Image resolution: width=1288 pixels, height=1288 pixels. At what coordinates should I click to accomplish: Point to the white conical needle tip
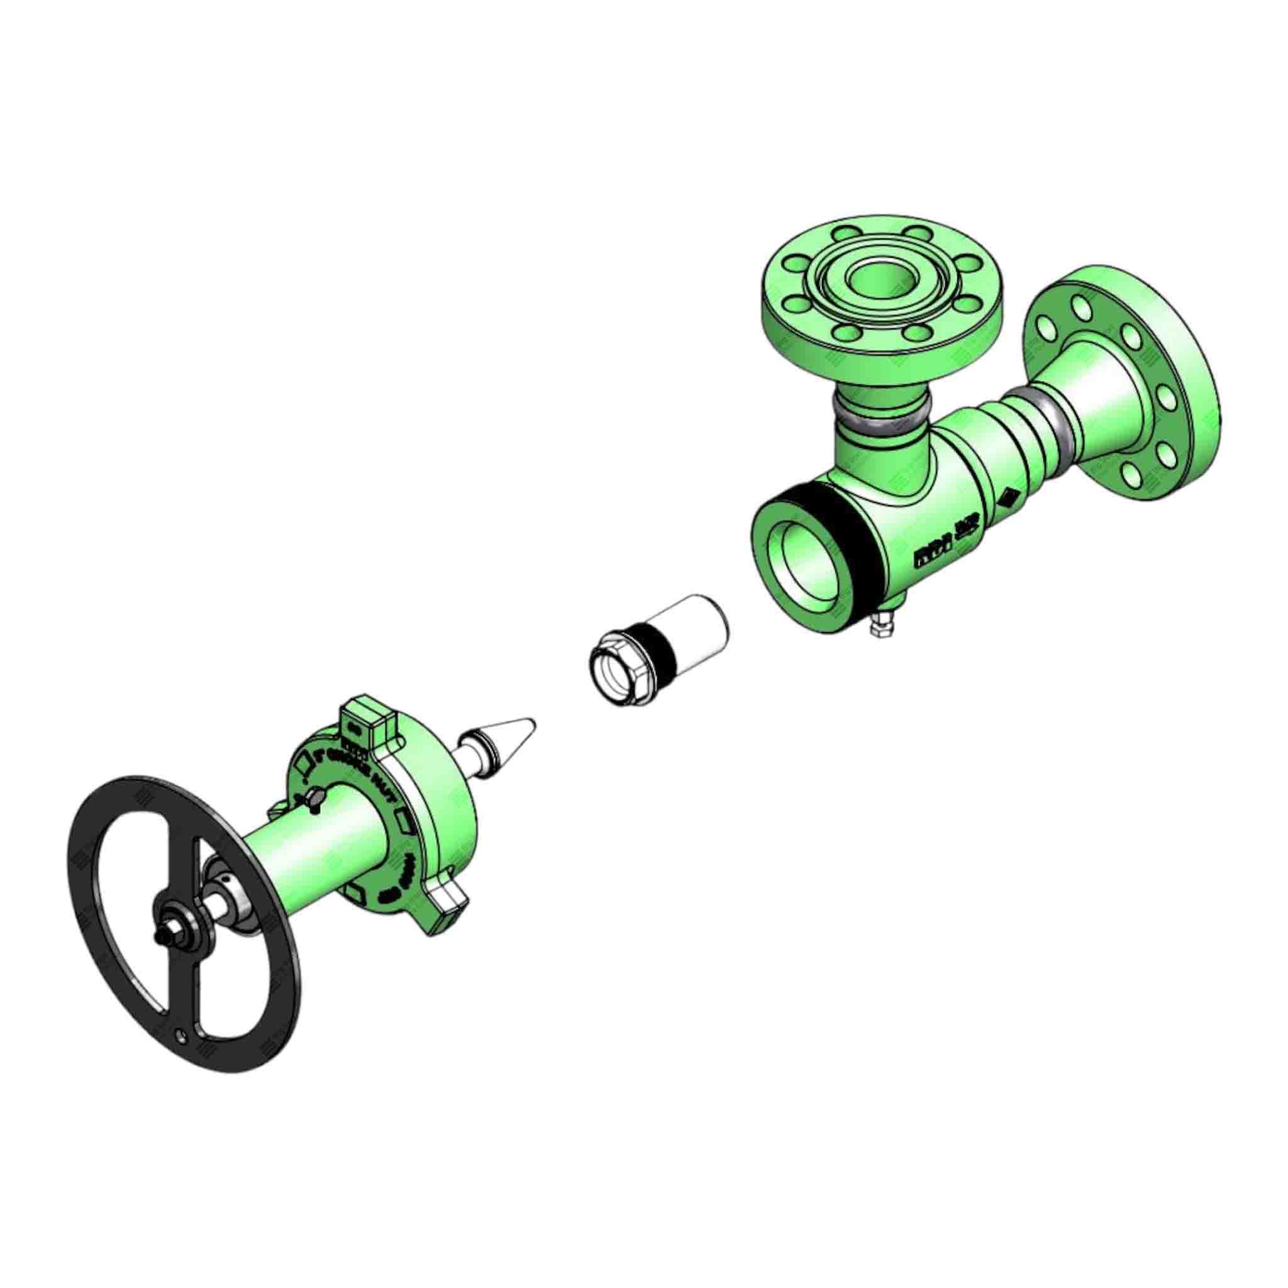(x=513, y=729)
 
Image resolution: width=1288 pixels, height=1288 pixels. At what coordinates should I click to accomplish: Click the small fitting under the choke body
(x=884, y=630)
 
